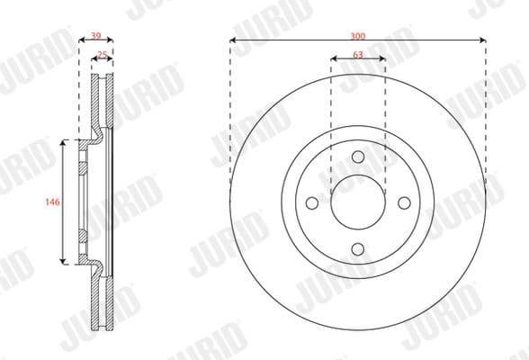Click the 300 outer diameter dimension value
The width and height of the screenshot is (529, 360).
[x=358, y=35]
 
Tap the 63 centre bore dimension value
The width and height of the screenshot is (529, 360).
[x=358, y=55]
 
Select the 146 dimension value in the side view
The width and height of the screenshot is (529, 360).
[x=52, y=202]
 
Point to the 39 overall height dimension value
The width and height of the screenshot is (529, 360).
[x=95, y=37]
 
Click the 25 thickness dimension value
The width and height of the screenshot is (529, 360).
[x=102, y=55]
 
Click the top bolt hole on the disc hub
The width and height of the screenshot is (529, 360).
[x=358, y=157]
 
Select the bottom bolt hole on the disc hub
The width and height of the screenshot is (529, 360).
[x=358, y=249]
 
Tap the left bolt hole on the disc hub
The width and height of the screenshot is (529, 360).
[x=312, y=203]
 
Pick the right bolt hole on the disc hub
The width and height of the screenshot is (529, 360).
[x=404, y=203]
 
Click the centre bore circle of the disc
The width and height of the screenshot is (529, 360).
[x=358, y=203]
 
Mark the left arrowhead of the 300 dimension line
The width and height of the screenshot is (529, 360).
[x=233, y=40]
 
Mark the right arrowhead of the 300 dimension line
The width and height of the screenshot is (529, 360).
[x=483, y=40]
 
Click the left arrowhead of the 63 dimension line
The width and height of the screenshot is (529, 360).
[x=334, y=60]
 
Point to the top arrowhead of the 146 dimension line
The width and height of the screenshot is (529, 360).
[x=62, y=142]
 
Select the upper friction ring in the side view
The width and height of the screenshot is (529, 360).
[x=101, y=103]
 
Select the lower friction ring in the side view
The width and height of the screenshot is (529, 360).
[x=101, y=301]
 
